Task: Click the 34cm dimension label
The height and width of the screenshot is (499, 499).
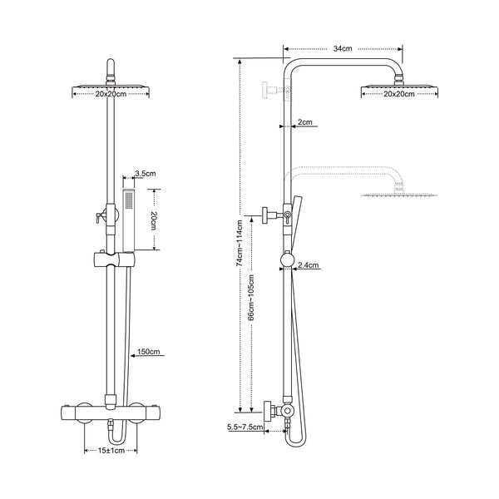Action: [x=342, y=49]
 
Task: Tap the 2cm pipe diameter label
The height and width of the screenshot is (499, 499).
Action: [x=304, y=122]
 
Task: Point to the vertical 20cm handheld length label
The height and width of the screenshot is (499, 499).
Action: [x=154, y=220]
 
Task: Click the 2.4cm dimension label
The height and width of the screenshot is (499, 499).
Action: [x=309, y=265]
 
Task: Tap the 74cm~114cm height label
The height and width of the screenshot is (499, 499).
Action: [x=240, y=242]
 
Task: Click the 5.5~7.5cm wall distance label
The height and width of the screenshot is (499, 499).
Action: [x=244, y=427]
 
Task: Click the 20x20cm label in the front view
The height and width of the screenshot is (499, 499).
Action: [x=110, y=94]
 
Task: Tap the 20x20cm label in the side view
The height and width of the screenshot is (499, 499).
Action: [x=400, y=94]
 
